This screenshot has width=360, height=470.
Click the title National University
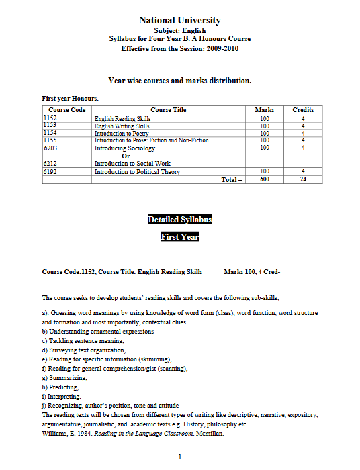click(x=179, y=21)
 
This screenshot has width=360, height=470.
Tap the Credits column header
click(x=303, y=109)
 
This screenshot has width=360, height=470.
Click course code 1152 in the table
click(x=50, y=118)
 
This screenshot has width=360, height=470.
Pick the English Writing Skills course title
click(x=122, y=126)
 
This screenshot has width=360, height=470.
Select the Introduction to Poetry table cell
click(x=122, y=133)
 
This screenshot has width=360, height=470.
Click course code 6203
click(x=50, y=147)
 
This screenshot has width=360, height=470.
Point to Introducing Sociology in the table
click(x=125, y=148)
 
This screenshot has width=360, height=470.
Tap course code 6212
click(x=50, y=163)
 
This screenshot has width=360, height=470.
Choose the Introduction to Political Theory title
click(x=137, y=171)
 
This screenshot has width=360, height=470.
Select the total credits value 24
click(x=303, y=179)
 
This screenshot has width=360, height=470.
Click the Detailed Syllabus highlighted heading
click(x=179, y=220)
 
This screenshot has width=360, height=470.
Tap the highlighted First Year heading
click(x=179, y=236)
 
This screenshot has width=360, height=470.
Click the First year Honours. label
click(x=71, y=99)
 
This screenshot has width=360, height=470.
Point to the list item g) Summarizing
click(x=60, y=378)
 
